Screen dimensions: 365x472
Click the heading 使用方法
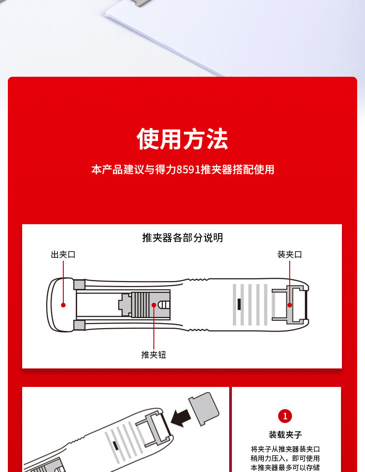(182, 139)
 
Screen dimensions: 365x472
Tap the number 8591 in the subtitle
(189, 170)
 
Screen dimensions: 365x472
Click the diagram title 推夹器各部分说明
(182, 238)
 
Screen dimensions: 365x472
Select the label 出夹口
(63, 255)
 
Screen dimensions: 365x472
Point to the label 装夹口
(290, 255)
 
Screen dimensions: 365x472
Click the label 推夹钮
(154, 355)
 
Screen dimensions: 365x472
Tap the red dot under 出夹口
(63, 305)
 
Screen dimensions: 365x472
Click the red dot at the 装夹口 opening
(290, 305)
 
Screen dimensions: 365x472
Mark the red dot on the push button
(154, 305)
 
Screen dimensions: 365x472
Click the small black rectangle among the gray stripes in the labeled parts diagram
(239, 304)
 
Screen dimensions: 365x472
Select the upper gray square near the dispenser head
(79, 285)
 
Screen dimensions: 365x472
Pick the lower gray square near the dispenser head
(79, 325)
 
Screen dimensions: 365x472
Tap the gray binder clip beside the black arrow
(204, 408)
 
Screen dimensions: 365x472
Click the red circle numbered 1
(285, 416)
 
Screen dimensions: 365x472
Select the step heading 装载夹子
(285, 435)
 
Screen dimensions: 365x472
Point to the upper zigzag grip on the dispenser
(198, 280)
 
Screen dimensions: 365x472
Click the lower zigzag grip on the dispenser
(198, 330)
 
